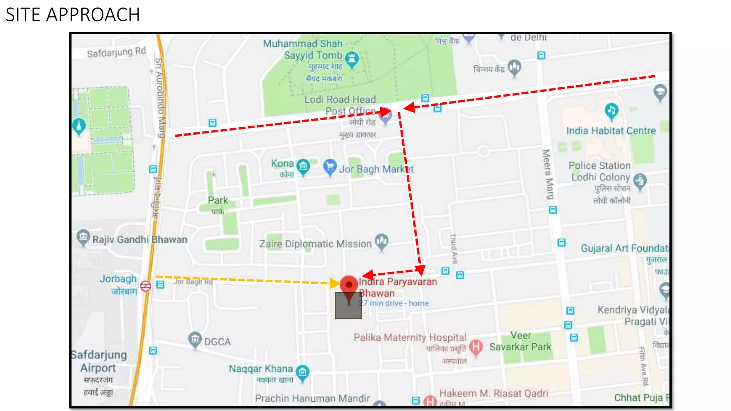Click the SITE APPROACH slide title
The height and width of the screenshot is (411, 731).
coord(73,15)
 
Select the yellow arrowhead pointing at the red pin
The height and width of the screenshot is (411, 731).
coord(335,283)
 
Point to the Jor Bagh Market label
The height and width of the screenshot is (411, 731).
coord(376,169)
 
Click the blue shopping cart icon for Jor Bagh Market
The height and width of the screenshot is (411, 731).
coord(330,167)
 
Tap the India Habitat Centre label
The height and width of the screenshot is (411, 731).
coord(611,131)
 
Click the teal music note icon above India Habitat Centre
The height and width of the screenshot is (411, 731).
coord(611,111)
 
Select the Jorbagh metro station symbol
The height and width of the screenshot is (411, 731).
coord(146,286)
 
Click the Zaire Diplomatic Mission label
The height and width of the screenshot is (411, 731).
coord(315,244)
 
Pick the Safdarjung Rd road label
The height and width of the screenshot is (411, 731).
coord(116,52)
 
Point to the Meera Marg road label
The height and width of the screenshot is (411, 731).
coord(548,174)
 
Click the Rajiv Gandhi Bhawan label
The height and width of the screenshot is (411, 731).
coord(140,239)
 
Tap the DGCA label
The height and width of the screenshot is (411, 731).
coord(217,342)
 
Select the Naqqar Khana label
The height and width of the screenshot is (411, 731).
coord(261,369)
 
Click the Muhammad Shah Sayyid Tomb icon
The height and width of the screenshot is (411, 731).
coord(352,59)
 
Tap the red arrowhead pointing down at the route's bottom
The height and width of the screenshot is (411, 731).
coord(421,270)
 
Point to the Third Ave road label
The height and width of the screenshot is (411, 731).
coord(454,249)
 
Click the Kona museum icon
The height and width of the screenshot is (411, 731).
coord(303,166)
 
